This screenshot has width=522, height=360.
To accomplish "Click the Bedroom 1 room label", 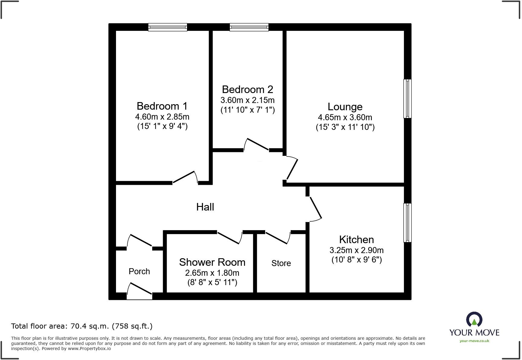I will pyautogui.click(x=162, y=106).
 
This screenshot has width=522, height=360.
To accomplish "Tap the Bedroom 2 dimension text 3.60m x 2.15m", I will pyautogui.click(x=247, y=100).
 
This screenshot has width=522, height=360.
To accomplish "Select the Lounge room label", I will pyautogui.click(x=345, y=107).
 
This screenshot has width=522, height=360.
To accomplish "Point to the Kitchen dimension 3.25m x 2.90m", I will pyautogui.click(x=356, y=250).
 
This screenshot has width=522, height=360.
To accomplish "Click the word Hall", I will pyautogui.click(x=205, y=207).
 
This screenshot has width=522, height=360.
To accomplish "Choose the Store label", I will pyautogui.click(x=281, y=263).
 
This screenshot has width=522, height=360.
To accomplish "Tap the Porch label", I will pyautogui.click(x=139, y=271).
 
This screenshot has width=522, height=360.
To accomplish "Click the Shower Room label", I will pyautogui.click(x=212, y=262).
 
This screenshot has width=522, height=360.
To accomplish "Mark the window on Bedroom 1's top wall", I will pyautogui.click(x=168, y=27).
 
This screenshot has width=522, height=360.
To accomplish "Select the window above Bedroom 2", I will pyautogui.click(x=249, y=27).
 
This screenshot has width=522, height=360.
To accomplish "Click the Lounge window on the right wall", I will pyautogui.click(x=407, y=98).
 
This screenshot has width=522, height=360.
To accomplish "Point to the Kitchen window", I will pyautogui.click(x=407, y=223).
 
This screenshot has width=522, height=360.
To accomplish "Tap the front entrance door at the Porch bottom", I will pyautogui.click(x=140, y=290).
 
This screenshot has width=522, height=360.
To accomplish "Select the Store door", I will pyautogui.click(x=277, y=237).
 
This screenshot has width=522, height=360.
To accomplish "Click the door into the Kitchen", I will pyautogui.click(x=315, y=208).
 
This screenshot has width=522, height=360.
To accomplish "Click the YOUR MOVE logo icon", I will pyautogui.click(x=474, y=320).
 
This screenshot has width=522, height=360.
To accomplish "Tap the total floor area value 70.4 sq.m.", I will pyautogui.click(x=89, y=326).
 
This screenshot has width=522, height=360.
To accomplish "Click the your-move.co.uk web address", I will pyautogui.click(x=474, y=341).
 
